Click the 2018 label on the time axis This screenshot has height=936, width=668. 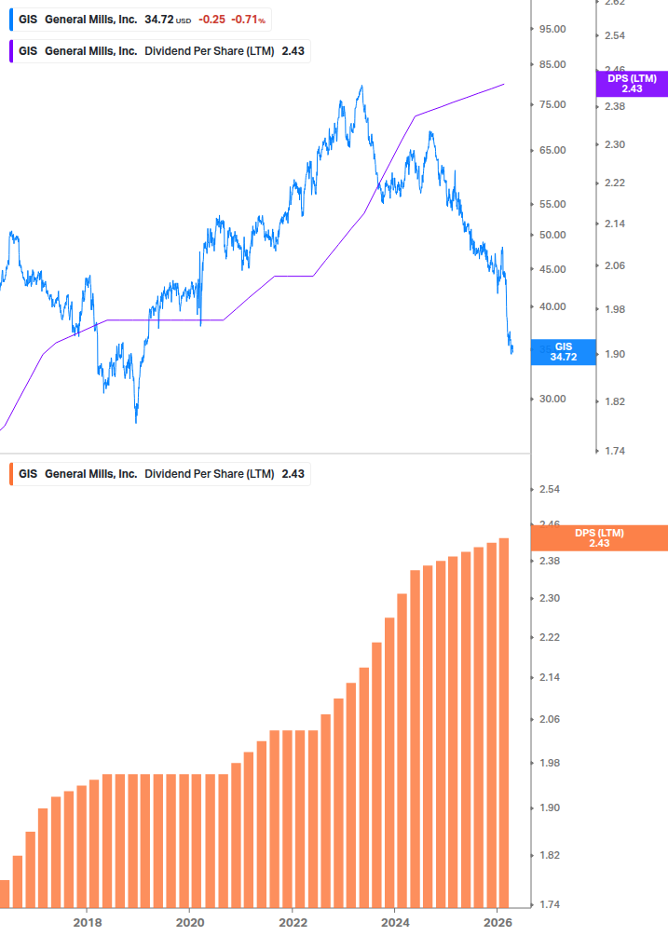tap(87, 922)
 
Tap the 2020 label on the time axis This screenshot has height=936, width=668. tap(189, 922)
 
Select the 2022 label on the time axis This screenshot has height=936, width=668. tap(293, 922)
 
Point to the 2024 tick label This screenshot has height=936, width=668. tap(395, 922)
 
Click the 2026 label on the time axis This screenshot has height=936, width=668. tap(498, 922)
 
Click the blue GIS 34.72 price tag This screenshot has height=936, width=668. tap(563, 351)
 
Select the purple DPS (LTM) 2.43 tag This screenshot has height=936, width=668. tap(632, 84)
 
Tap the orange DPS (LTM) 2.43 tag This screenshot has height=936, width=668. tap(599, 537)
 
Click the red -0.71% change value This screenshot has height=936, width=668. tap(249, 20)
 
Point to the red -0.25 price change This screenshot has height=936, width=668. tap(211, 20)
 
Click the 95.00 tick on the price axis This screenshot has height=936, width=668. tap(553, 29)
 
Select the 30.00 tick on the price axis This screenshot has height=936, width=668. tap(553, 399)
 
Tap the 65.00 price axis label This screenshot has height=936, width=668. tap(553, 150)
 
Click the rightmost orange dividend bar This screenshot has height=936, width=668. tap(504, 722)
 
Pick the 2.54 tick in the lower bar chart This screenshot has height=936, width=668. tap(550, 490)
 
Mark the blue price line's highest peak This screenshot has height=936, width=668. tap(361, 87)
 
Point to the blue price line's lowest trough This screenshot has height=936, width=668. tap(136, 422)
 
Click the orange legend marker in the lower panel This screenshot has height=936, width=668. tap(11, 473)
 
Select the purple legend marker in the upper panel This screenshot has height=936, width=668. tap(11, 50)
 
